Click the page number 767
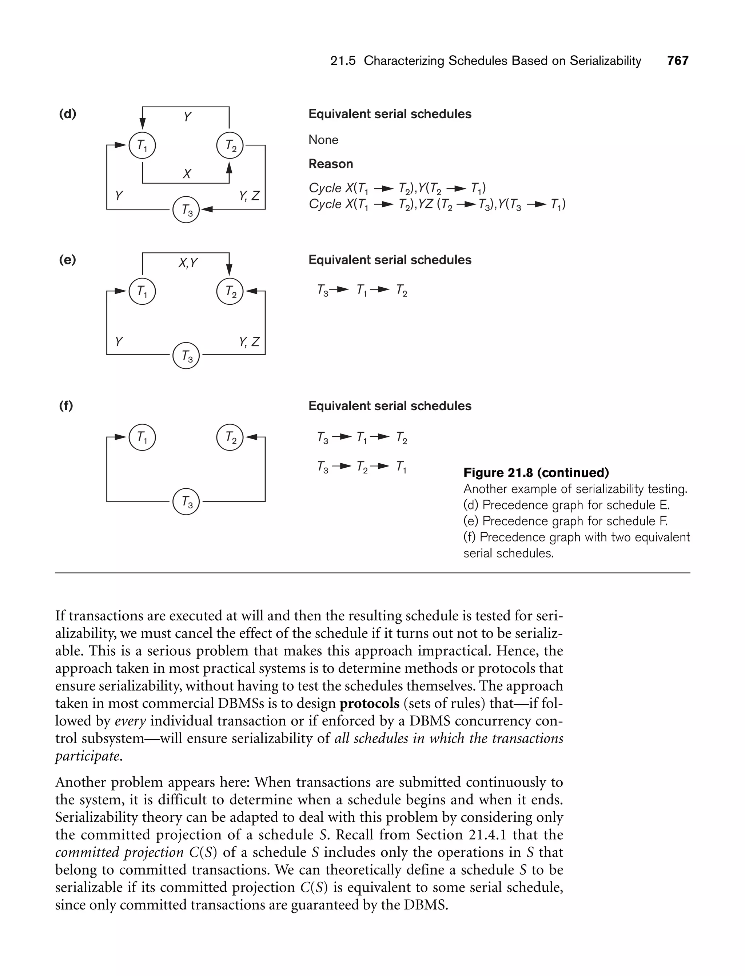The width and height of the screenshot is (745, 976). point(678,61)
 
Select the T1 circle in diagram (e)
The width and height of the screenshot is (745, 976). point(142,291)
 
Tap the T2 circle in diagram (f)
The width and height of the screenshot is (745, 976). point(230,437)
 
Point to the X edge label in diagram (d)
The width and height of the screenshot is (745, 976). point(187,174)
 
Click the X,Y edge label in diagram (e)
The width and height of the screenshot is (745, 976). point(188,263)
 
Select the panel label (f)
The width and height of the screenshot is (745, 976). point(66,405)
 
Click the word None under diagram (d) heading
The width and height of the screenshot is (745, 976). point(323,140)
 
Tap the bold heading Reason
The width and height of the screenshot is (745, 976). point(331,164)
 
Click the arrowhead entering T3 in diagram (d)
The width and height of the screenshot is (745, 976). point(206,209)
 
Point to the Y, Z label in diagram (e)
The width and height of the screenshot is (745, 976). point(249,342)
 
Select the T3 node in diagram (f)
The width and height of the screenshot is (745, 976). point(186,501)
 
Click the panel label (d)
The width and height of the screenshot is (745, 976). point(67,114)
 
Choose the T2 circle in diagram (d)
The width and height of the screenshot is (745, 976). point(230,145)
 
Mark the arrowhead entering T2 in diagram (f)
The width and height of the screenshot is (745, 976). point(251,437)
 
